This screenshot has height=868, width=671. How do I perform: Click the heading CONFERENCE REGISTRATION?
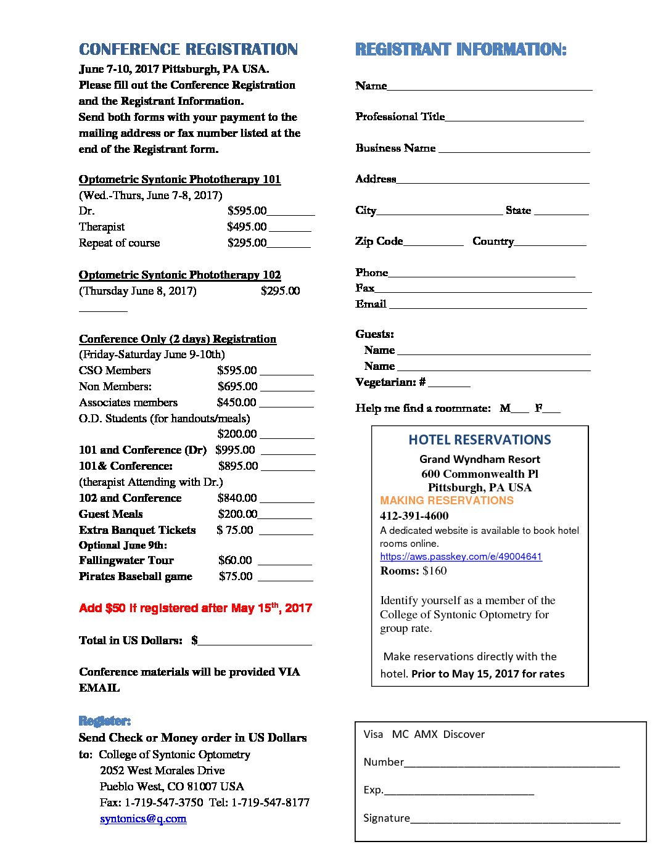tap(188, 49)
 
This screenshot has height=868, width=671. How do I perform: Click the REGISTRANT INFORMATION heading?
tap(460, 49)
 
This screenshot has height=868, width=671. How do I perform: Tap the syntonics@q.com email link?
tap(143, 819)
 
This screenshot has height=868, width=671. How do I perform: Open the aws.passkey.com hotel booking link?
tap(461, 557)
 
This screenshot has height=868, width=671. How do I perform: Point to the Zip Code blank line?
tap(433, 244)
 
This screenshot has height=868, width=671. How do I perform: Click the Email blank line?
tap(488, 306)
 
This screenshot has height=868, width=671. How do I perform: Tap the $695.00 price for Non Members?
tap(237, 387)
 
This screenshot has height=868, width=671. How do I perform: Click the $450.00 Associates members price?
tap(236, 403)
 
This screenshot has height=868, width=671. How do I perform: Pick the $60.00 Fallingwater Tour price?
tap(235, 560)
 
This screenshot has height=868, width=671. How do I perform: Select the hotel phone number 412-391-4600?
tap(414, 516)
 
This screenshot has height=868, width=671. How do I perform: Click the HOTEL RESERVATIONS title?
tap(479, 440)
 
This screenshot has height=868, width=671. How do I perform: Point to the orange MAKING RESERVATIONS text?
tap(447, 501)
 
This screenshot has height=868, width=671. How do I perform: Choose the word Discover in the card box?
tap(464, 734)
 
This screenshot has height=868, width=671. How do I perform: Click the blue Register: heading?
tap(105, 721)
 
